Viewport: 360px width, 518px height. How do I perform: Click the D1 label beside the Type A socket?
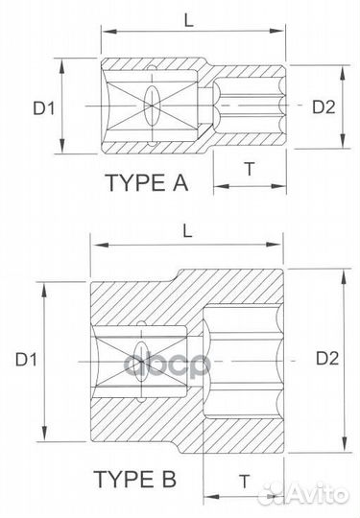click(43, 107)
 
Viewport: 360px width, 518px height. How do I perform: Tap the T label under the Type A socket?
click(249, 168)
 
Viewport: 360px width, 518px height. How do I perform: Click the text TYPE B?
click(134, 478)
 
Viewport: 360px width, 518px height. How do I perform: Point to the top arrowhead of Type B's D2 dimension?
click(341, 272)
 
